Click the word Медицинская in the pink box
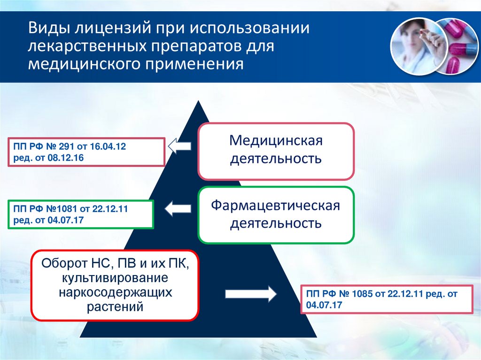(x=276, y=141)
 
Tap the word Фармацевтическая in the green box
(x=275, y=206)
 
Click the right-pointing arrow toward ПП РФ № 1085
(x=251, y=294)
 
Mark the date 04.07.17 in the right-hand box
(x=323, y=305)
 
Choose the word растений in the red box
(x=115, y=307)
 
